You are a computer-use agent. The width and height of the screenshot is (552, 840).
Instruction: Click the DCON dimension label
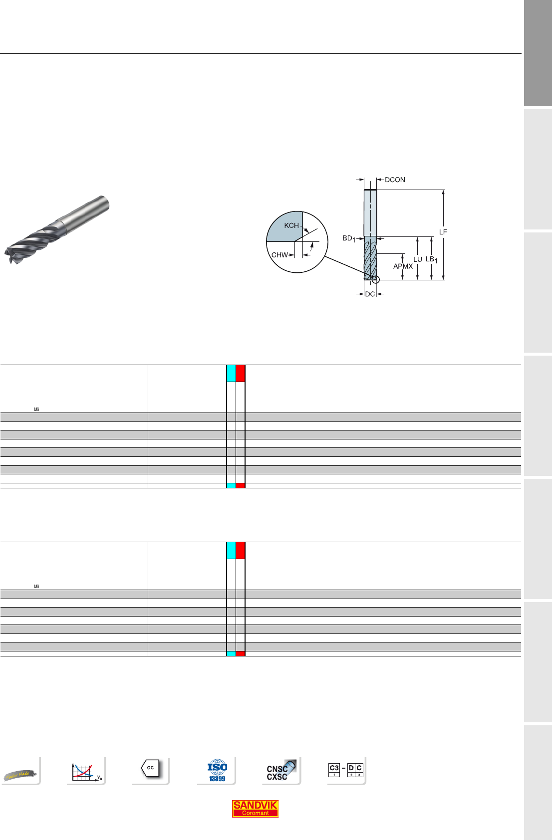pyautogui.click(x=395, y=180)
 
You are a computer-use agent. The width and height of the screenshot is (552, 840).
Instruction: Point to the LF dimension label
pyautogui.click(x=443, y=232)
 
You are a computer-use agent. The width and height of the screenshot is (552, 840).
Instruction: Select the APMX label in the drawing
pyautogui.click(x=403, y=266)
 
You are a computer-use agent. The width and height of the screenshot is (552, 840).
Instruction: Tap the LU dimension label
pyautogui.click(x=418, y=259)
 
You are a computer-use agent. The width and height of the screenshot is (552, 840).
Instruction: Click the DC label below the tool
pyautogui.click(x=370, y=294)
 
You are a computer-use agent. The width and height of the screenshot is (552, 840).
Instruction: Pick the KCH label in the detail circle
pyautogui.click(x=291, y=225)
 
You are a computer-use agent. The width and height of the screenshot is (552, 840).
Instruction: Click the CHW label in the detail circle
pyautogui.click(x=279, y=255)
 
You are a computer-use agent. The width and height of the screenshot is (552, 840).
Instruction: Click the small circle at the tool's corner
pyautogui.click(x=376, y=280)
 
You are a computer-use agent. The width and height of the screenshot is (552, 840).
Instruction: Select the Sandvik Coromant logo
pyautogui.click(x=255, y=809)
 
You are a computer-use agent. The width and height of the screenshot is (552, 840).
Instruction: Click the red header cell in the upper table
pyautogui.click(x=241, y=374)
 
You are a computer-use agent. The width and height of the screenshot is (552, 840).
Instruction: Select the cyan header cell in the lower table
pyautogui.click(x=231, y=551)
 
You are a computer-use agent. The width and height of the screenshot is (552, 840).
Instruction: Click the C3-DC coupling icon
pyautogui.click(x=346, y=770)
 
